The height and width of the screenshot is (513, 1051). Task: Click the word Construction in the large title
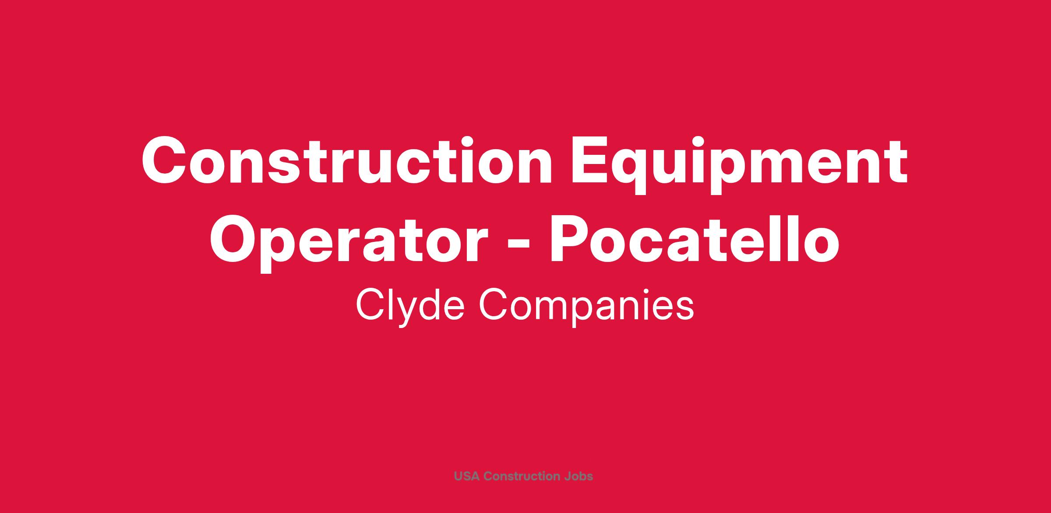347,161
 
